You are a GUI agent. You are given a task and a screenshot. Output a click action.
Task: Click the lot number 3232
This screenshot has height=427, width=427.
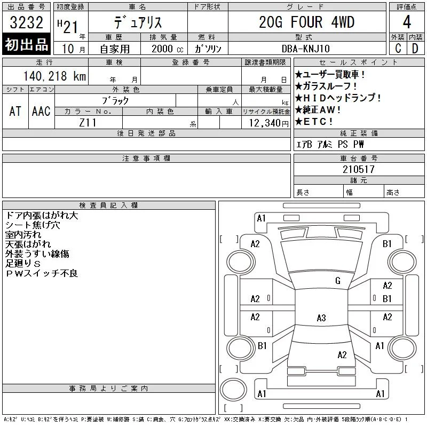tap(26, 22)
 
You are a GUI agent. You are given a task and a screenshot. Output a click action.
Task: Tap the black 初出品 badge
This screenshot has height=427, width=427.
tap(26, 44)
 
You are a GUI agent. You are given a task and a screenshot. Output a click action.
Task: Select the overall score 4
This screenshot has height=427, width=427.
tap(407, 22)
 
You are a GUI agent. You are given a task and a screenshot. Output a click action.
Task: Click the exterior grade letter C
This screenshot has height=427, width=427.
tap(398, 48)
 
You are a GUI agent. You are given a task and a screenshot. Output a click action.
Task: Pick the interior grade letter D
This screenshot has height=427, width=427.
tap(415, 48)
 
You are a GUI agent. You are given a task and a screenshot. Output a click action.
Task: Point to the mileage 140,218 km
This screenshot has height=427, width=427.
tap(54, 76)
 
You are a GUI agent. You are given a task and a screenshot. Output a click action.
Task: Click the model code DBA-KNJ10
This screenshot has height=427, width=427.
tap(305, 49)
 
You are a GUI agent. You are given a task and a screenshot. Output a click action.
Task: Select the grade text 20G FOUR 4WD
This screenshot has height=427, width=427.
tap(306, 22)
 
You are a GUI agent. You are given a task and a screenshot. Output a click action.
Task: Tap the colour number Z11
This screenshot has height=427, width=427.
tap(88, 123)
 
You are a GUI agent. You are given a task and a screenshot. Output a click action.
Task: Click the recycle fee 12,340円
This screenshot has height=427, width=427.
tap(268, 123)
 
